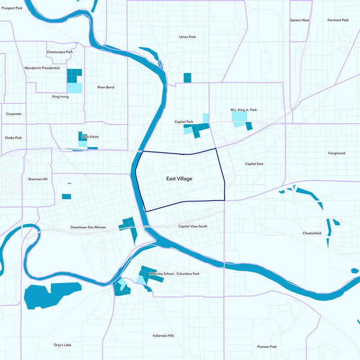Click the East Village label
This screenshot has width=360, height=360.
tap(179, 179)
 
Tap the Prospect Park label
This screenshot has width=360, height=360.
tap(12, 8)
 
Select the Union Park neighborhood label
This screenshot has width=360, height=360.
tap(187, 37)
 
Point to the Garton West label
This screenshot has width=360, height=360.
tap(300, 20)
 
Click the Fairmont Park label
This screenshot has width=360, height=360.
tap(338, 20)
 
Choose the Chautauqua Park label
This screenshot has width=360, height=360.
tap(59, 52)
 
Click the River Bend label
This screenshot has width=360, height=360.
tap(106, 87)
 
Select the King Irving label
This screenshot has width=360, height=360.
tap(60, 96)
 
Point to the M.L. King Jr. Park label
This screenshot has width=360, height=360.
tap(243, 110)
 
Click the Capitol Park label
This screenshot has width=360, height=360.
tap(184, 122)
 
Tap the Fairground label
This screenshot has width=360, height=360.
tap(337, 153)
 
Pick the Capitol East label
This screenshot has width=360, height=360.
tap(254, 164)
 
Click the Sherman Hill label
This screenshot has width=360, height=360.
tap(37, 179)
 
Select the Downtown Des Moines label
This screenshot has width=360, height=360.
tap(88, 227)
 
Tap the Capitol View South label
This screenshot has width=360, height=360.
tap(193, 226)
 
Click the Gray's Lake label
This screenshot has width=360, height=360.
tap(62, 345)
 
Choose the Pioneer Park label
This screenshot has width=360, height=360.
tap(267, 346)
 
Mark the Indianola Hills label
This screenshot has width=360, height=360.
tap(163, 336)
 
